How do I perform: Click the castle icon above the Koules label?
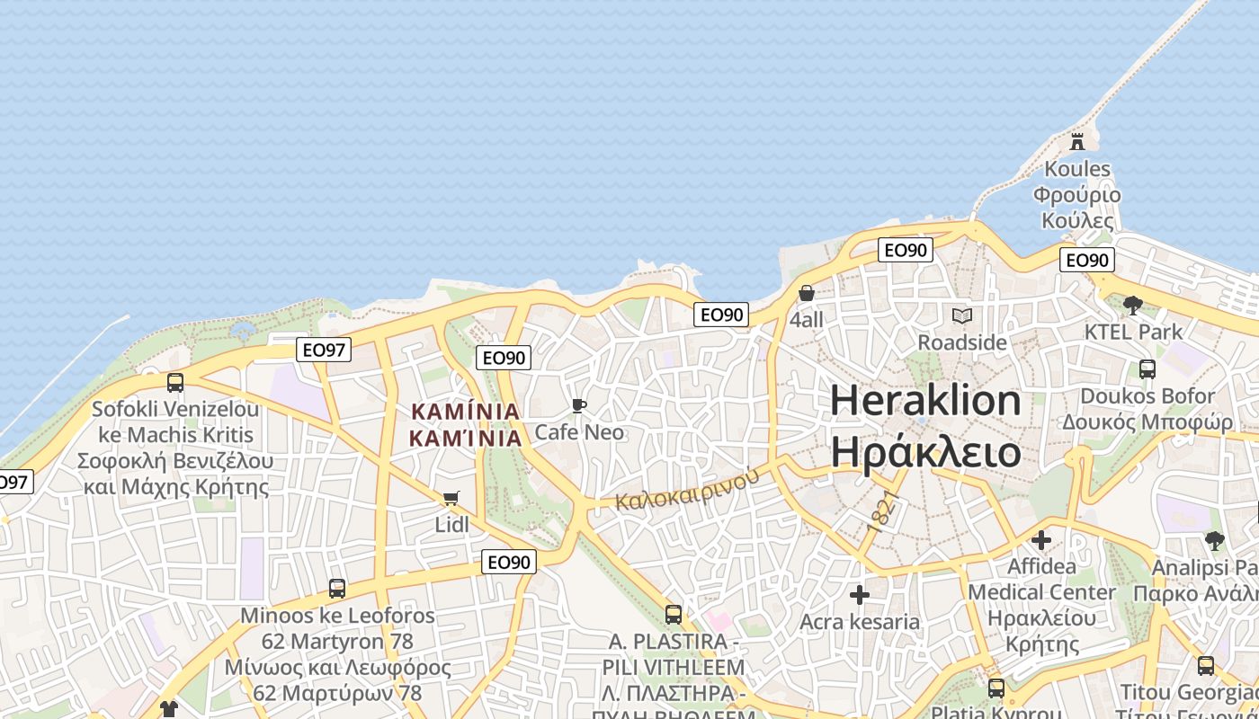coord(1076,140)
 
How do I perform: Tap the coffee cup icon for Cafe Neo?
coord(579,406)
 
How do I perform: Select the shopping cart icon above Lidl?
coord(451,498)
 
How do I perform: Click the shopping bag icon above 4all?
coord(807,293)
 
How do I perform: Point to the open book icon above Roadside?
coord(962,315)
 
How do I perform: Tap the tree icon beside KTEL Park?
coord(1132,305)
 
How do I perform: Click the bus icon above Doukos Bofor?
coord(1147,368)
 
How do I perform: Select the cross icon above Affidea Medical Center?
coord(1041,540)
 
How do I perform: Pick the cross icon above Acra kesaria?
coord(860,595)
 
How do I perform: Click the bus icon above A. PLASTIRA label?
coord(673,615)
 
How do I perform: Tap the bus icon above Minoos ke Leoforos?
coord(337,589)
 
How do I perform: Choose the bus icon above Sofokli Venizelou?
coord(175,382)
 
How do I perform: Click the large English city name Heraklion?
coord(925,401)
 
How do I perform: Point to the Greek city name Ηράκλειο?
coord(925,452)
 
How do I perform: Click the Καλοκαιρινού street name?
coord(688,490)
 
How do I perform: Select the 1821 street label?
coord(882,510)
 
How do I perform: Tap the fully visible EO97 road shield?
coord(324,350)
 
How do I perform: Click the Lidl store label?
coord(451,524)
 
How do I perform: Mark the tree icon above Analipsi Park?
coord(1215,540)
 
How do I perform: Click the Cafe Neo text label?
coord(579,432)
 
